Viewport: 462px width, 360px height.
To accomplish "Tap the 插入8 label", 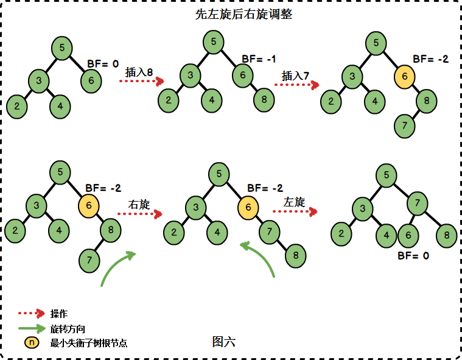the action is tap(139, 71).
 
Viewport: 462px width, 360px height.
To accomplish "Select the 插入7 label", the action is tap(296, 76).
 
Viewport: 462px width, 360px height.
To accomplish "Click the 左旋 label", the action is tap(294, 202).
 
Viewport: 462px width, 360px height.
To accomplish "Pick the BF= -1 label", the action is tap(259, 58).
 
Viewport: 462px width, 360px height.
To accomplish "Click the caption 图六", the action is tap(223, 342).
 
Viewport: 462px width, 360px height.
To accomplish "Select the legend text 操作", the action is tap(59, 314).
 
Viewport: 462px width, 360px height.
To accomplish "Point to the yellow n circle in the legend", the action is tap(32, 342).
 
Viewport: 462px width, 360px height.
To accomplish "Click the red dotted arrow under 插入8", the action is tap(142, 81).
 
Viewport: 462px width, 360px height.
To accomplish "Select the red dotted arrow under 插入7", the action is tap(297, 85).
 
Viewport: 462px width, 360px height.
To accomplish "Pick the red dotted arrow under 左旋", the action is tap(295, 211).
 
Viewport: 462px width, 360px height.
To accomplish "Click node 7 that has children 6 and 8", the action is tap(417, 202).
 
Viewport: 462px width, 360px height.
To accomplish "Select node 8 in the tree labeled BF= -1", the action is tap(264, 99).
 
